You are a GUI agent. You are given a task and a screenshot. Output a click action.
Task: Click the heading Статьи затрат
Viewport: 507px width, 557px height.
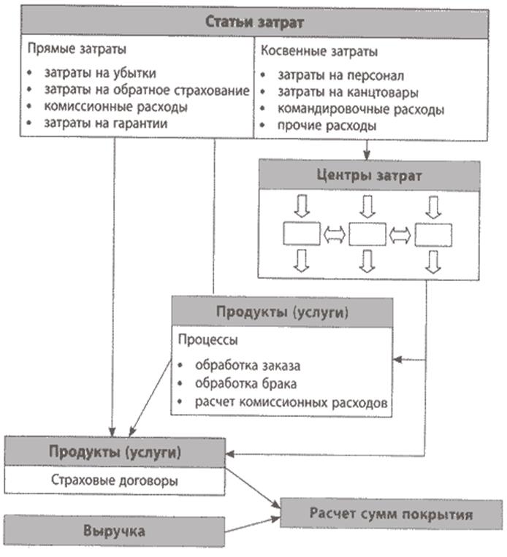(255, 22)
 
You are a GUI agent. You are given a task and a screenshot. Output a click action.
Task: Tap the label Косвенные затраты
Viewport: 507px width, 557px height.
(319, 52)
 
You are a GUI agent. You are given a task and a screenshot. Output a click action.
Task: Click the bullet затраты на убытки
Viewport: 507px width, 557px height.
(99, 73)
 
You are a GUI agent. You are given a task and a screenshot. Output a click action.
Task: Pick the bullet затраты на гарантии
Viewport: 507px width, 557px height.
(105, 124)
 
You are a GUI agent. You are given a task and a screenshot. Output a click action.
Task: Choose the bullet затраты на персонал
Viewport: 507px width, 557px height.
(340, 74)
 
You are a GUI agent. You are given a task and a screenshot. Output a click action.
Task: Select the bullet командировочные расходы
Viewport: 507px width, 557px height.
(361, 109)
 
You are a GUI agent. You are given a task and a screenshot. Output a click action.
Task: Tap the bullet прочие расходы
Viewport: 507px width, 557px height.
(327, 126)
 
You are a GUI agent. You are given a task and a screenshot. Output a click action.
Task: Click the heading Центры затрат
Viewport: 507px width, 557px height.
(370, 177)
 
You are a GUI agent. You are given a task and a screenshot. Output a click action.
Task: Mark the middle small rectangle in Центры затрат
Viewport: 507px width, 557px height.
(367, 234)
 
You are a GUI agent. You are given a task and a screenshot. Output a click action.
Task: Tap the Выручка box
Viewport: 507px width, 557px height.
(114, 531)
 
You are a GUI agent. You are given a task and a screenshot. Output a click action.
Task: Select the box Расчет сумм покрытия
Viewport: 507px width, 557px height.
(391, 514)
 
